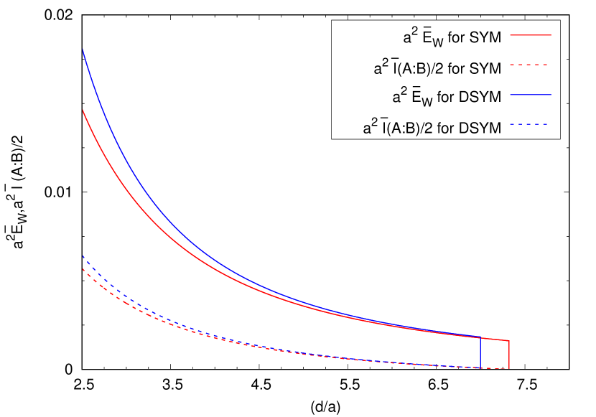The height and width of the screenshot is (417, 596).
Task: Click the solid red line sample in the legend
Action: (530, 34)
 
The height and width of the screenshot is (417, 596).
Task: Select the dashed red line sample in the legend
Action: (530, 65)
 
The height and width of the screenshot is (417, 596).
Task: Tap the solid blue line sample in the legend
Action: (530, 95)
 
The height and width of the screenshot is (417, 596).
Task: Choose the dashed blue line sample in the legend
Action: (530, 124)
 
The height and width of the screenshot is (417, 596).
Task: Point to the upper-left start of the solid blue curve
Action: (83, 50)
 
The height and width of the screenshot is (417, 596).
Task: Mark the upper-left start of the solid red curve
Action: (83, 111)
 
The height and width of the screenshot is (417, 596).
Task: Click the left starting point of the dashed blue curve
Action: (83, 256)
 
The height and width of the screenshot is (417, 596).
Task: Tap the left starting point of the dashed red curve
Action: (83, 269)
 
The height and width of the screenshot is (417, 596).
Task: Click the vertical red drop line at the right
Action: (509, 355)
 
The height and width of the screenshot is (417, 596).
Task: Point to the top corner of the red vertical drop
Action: (509, 341)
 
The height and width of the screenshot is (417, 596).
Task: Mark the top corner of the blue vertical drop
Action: (480, 337)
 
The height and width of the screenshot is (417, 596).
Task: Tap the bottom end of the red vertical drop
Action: (509, 368)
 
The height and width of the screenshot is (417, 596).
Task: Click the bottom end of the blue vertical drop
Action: (480, 367)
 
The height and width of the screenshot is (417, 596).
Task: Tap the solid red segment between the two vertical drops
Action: (495, 339)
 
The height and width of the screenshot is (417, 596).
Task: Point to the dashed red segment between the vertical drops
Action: (495, 368)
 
